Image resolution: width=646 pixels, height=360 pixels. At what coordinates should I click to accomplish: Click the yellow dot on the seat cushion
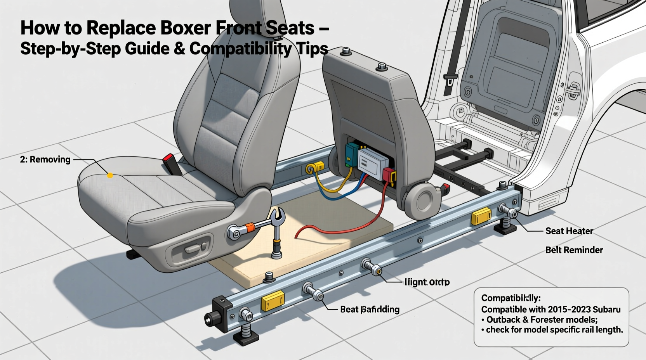coord(110,176)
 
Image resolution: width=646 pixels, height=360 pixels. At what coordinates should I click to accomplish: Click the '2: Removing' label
coord(45,159)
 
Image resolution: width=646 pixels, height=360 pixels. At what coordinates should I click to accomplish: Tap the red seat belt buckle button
coord(168,158)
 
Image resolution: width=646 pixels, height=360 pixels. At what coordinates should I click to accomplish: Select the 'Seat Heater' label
coord(569,231)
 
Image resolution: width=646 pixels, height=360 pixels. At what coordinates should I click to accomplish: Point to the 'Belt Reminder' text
coord(574,250)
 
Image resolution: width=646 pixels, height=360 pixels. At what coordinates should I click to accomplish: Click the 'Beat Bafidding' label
coord(369,309)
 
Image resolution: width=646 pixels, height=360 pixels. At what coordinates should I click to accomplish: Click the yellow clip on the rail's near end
coord(273,302)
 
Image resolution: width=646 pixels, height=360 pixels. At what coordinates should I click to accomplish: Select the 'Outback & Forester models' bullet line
coord(542,320)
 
